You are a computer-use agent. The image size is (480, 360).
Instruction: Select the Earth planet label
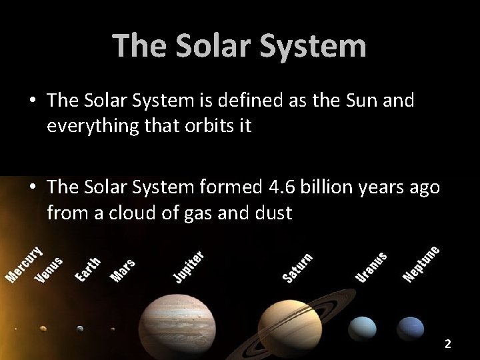[87, 269]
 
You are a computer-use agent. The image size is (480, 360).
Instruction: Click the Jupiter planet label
[189, 267]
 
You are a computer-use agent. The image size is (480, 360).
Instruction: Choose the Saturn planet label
[297, 267]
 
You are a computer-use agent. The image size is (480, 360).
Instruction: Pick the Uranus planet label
[371, 267]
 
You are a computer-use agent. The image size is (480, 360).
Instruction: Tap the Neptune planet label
[421, 264]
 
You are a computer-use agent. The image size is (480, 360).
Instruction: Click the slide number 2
[448, 344]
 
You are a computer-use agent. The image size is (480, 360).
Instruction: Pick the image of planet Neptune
[411, 328]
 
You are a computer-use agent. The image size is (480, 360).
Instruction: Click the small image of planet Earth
[80, 328]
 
